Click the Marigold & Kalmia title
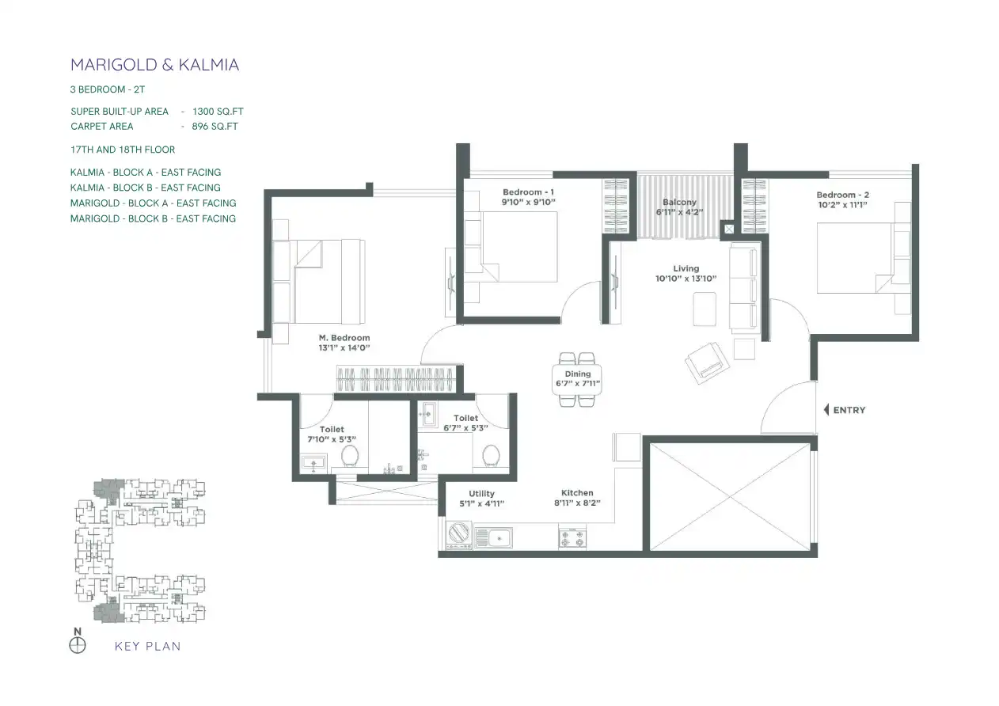154,65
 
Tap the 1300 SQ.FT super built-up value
218,112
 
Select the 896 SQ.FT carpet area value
215,127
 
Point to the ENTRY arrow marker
826,410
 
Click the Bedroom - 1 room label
528,192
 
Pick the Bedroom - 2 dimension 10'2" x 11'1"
842,205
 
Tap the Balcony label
679,202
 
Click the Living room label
686,268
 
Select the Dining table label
578,374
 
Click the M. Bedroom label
344,338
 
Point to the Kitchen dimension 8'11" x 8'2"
577,503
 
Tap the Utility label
481,494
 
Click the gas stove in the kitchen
572,538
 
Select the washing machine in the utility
459,535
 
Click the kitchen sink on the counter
494,538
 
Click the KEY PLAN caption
147,646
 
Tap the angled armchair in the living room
708,363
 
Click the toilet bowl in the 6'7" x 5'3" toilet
491,456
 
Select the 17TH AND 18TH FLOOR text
123,150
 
